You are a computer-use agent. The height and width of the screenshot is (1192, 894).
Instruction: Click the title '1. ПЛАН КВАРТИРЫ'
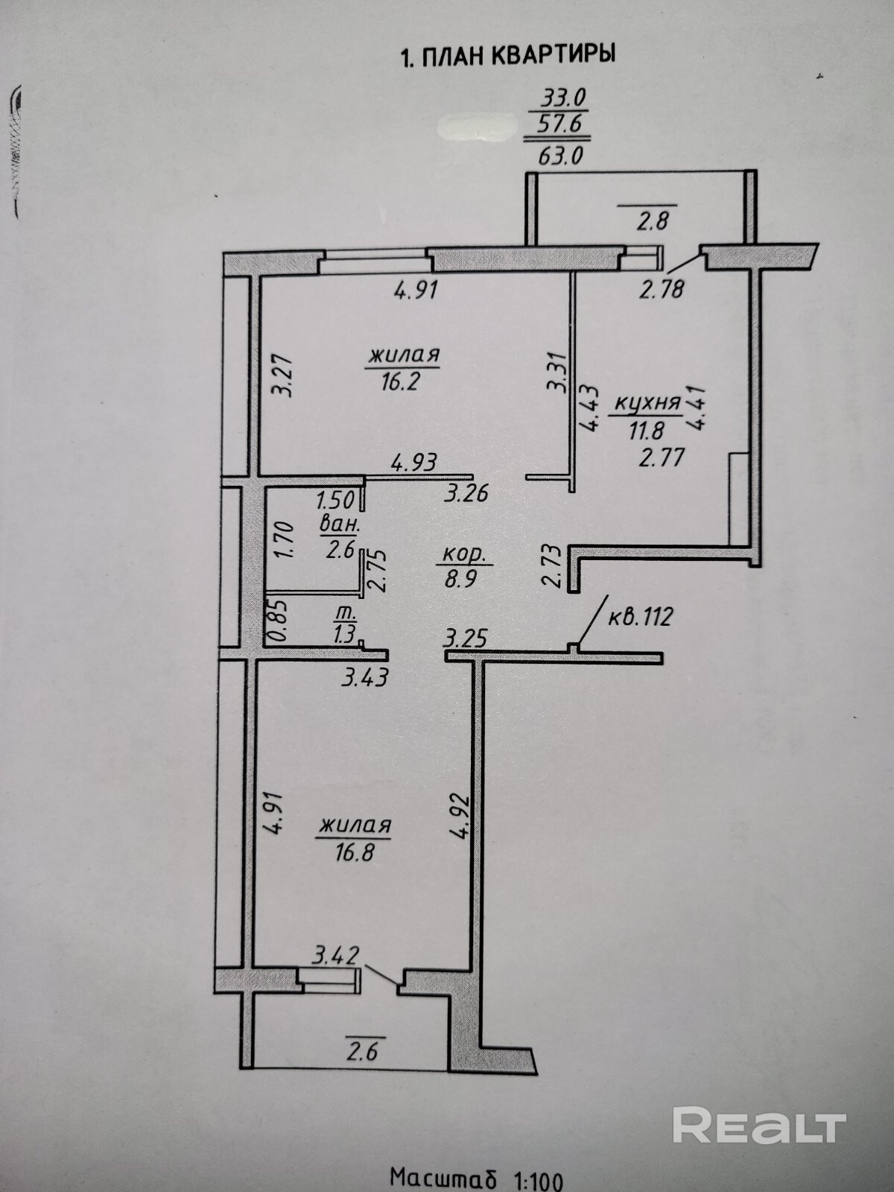pos(507,56)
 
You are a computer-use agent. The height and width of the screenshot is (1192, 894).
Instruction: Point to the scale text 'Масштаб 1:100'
pos(477,1178)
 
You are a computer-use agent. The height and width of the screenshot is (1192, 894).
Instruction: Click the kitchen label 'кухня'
pos(647,403)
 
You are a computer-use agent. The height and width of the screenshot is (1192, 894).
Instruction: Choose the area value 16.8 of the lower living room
pos(355,851)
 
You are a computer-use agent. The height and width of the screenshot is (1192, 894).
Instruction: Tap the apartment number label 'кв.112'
pos(641,617)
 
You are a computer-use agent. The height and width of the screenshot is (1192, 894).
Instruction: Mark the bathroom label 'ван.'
pos(340,524)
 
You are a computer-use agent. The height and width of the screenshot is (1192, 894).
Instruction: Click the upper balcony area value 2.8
pos(647,221)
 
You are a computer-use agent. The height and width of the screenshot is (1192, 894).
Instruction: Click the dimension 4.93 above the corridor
pos(414,462)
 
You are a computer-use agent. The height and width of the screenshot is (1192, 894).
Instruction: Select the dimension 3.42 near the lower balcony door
pos(337,954)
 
